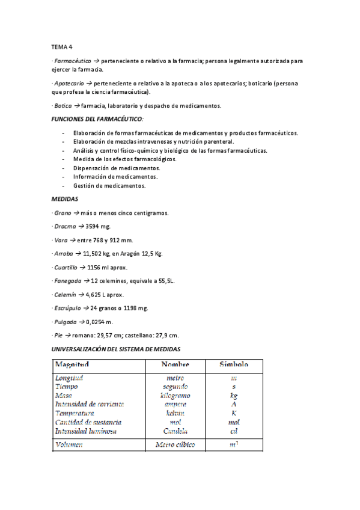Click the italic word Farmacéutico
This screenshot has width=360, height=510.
coord(72,61)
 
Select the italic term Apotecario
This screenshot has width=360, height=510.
coord(70,83)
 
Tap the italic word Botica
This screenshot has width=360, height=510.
coord(63,105)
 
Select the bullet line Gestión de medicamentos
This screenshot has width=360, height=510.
coord(109,186)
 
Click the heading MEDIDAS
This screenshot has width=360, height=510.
coord(66,198)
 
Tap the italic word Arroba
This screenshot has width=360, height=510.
coord(64,254)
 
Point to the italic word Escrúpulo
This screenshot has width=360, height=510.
coord(67,308)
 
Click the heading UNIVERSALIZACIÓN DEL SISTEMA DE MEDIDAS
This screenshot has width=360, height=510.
coord(116,349)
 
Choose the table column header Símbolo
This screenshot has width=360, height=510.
coord(233,364)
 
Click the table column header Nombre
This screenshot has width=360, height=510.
coord(175,364)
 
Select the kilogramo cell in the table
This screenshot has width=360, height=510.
coord(175,396)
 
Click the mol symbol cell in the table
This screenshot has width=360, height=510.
coord(233,422)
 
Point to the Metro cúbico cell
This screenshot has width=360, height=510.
coord(175,445)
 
